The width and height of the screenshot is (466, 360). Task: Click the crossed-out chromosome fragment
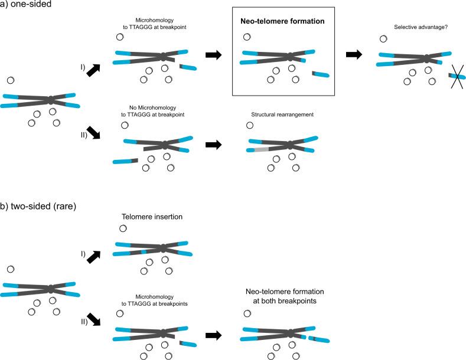pos(457,76)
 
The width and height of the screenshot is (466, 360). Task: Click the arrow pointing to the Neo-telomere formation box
pos(213,55)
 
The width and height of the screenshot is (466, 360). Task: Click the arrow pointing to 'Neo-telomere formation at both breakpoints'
pos(213,335)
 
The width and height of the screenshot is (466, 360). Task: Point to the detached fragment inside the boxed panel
pos(322,74)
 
